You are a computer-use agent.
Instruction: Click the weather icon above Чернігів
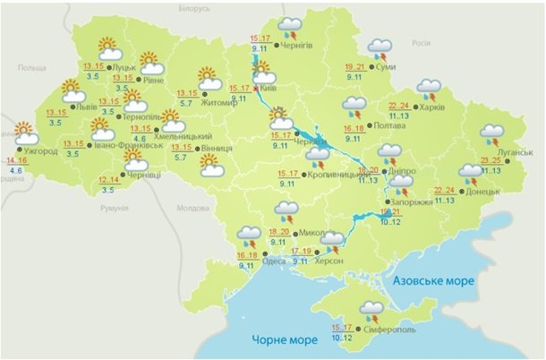pos(290,24)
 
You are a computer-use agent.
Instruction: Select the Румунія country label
pos(115,208)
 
